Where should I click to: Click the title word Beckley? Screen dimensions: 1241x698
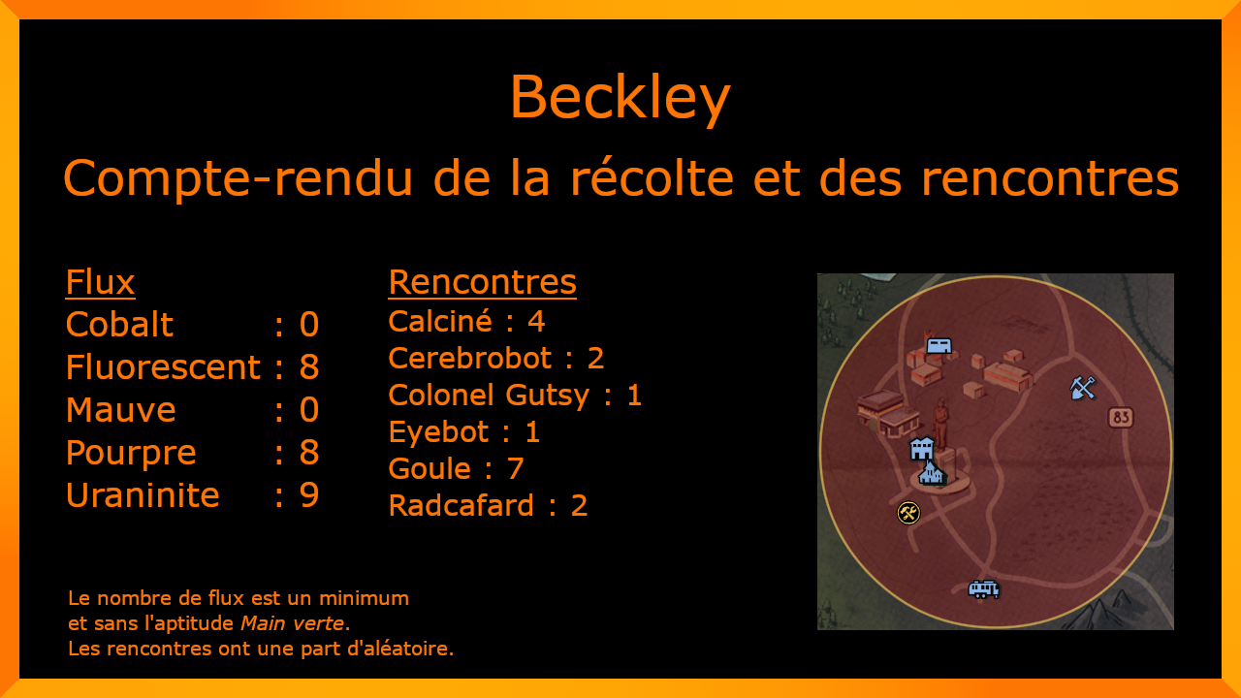click(620, 98)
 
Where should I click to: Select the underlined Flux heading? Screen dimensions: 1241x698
click(100, 282)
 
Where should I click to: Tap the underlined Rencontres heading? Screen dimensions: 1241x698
click(482, 282)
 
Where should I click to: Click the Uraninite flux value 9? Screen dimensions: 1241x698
click(309, 494)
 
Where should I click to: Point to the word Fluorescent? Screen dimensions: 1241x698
click(163, 366)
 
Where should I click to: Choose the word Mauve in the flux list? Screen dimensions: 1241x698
click(121, 409)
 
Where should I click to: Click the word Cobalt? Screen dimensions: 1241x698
click(119, 324)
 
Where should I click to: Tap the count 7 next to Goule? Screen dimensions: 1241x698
click(515, 468)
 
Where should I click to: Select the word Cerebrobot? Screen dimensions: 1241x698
click(470, 359)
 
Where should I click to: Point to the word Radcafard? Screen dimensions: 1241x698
click(461, 505)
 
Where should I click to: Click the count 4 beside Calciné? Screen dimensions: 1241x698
click(536, 321)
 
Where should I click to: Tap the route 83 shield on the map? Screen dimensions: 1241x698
click(1121, 417)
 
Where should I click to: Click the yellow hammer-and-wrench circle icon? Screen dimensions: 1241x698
click(908, 513)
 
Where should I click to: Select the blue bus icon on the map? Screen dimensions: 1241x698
click(984, 588)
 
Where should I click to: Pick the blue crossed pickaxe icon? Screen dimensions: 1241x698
click(1083, 387)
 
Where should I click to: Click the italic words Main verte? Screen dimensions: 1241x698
click(292, 623)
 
